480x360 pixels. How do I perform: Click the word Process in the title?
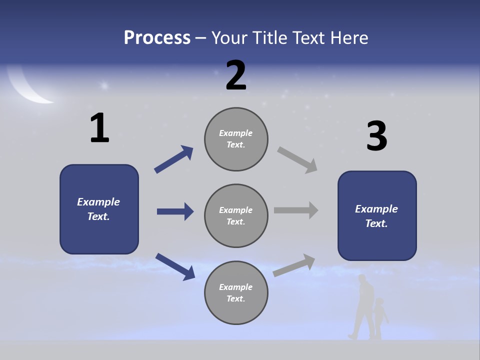click(157, 38)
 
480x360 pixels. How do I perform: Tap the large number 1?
click(99, 128)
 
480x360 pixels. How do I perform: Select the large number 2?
click(236, 75)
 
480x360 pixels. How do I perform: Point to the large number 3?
click(376, 136)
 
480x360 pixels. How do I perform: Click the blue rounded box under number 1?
click(99, 209)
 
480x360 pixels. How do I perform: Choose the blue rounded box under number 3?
click(377, 216)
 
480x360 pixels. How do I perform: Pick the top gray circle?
click(236, 139)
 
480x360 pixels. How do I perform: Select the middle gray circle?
click(236, 216)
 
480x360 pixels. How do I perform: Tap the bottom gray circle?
click(236, 293)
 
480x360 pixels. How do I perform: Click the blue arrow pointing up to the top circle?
click(174, 159)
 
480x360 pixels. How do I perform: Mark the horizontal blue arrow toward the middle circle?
click(175, 211)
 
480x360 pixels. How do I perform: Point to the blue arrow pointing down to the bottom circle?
click(175, 266)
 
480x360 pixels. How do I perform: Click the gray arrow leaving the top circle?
click(297, 159)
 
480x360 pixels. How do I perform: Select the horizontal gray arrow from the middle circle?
click(296, 210)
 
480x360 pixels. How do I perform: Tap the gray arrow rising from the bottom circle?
click(294, 264)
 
